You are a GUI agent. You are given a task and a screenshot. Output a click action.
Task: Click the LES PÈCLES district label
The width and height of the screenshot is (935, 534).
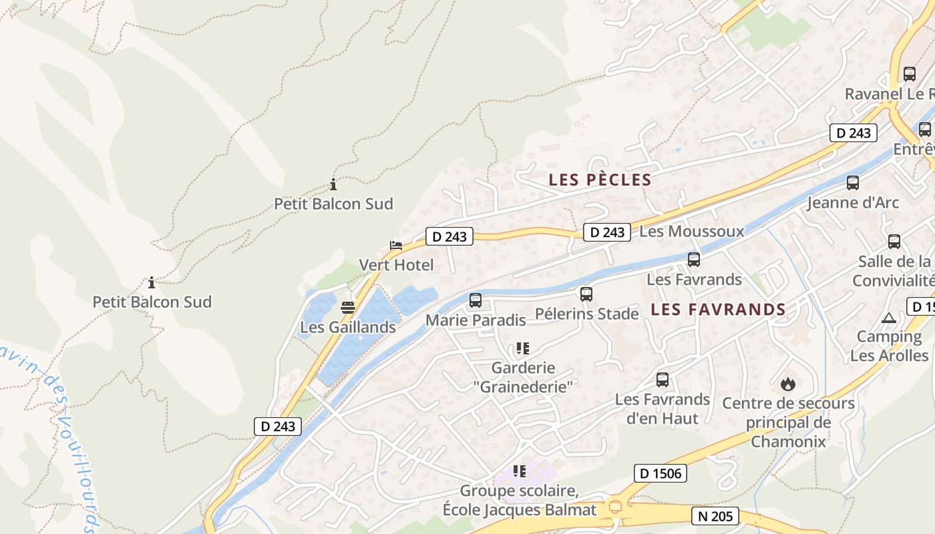600,180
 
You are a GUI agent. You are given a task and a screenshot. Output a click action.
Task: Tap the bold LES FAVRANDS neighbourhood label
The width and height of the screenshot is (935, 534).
718,309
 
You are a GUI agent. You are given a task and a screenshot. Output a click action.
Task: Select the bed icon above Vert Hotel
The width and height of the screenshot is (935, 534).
396,246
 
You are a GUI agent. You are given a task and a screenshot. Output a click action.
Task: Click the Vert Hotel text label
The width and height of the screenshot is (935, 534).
396,265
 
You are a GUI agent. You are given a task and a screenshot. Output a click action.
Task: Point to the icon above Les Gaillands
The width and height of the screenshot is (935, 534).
347,308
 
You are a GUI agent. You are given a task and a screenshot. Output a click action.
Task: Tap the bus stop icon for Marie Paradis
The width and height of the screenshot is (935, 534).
476,300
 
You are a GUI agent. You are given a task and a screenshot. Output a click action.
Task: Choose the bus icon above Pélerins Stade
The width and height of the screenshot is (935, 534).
586,294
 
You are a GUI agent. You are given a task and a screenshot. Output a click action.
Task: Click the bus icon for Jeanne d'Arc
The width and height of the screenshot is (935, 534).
853,183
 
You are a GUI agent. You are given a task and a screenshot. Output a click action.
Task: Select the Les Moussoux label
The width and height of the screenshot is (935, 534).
691,232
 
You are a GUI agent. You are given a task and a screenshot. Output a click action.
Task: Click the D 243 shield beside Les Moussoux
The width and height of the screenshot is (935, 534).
607,232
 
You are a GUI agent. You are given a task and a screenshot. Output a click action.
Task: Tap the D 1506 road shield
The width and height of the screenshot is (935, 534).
660,473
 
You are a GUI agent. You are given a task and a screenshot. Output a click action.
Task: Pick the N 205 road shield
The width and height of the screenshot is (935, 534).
715,515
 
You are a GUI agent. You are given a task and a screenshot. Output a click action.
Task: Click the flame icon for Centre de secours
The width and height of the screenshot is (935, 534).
788,384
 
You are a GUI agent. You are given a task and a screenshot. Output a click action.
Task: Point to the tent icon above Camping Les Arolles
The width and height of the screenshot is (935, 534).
888,318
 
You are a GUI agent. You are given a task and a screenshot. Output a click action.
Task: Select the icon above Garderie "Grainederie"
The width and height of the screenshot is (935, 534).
523,348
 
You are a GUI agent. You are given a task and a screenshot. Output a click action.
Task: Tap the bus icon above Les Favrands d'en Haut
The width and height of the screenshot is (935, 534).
663,380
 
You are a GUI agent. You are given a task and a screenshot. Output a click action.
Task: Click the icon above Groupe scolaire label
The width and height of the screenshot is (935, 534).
520,471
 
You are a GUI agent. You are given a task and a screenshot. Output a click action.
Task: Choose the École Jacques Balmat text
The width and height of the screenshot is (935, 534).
519,510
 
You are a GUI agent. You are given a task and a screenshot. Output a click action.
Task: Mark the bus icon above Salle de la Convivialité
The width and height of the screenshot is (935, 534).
894,242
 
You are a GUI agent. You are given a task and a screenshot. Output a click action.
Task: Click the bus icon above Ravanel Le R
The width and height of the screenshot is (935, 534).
910,74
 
